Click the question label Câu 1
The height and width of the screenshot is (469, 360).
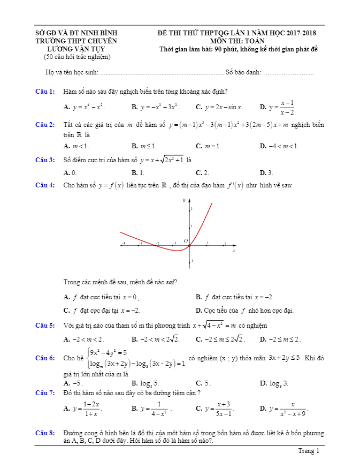click(45, 92)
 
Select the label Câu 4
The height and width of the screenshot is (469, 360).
click(45, 185)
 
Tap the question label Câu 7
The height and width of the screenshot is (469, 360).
click(45, 392)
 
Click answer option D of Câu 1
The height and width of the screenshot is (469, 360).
click(278, 107)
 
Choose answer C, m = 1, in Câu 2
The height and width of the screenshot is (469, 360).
click(209, 146)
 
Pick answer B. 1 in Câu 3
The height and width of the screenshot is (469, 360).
click(138, 172)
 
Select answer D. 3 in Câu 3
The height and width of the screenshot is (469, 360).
click(266, 172)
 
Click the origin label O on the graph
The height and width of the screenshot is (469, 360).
click(186, 241)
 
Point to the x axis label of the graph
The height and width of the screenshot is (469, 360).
click(234, 251)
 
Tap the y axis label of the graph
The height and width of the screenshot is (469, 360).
click(183, 200)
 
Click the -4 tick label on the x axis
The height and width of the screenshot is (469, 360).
click(124, 243)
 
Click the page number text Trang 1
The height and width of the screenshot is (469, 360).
click(309, 451)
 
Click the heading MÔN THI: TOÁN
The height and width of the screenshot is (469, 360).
click(237, 41)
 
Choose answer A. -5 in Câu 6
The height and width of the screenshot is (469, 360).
click(73, 383)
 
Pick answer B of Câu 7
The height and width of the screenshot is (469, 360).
click(152, 409)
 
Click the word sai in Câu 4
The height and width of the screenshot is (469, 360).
click(170, 282)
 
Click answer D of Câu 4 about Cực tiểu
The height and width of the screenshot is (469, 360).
click(244, 310)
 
